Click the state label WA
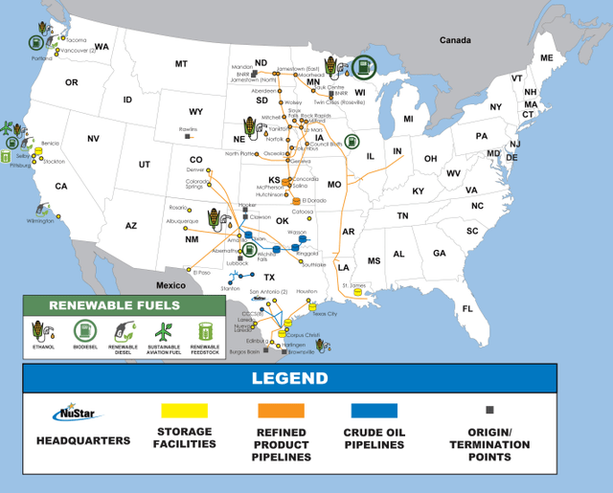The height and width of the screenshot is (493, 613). (102, 46)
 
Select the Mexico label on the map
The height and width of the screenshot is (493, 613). (170, 285)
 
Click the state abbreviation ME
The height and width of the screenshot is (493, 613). (547, 58)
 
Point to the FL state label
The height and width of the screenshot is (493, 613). (467, 308)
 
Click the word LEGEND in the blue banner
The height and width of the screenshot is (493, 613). (289, 377)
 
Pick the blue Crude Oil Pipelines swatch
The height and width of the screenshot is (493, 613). (376, 411)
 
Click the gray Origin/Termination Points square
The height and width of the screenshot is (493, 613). (489, 410)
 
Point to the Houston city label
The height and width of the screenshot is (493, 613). (306, 291)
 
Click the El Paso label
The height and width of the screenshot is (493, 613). (200, 272)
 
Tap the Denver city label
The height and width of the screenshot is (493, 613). (196, 169)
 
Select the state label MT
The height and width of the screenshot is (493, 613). (180, 64)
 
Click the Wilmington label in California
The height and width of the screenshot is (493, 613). (41, 221)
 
